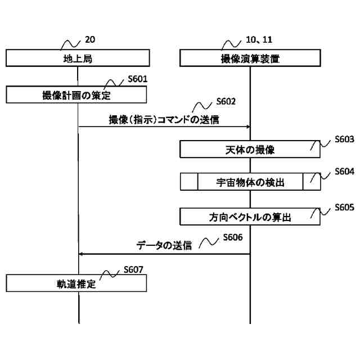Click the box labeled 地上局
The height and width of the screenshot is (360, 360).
(x=78, y=58)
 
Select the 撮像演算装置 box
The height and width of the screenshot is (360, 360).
(x=250, y=58)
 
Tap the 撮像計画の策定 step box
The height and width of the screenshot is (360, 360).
(x=77, y=94)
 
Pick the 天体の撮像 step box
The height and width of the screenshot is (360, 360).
(x=250, y=150)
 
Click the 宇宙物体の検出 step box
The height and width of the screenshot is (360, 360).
(x=250, y=182)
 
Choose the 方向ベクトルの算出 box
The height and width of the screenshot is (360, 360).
(x=250, y=217)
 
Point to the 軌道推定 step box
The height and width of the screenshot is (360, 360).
(x=77, y=283)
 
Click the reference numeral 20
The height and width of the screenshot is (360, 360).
(x=90, y=39)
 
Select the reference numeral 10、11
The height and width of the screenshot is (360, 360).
(x=259, y=39)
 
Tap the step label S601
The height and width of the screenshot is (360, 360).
(x=137, y=79)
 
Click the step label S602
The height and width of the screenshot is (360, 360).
(x=226, y=102)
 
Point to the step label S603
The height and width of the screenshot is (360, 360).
(x=344, y=138)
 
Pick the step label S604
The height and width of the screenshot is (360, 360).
(x=344, y=172)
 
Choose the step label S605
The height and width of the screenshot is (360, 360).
(x=344, y=207)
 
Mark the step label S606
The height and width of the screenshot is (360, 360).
(x=232, y=237)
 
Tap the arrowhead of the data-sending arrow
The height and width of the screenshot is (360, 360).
(x=81, y=254)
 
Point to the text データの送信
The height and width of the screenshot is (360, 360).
(x=164, y=246)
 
